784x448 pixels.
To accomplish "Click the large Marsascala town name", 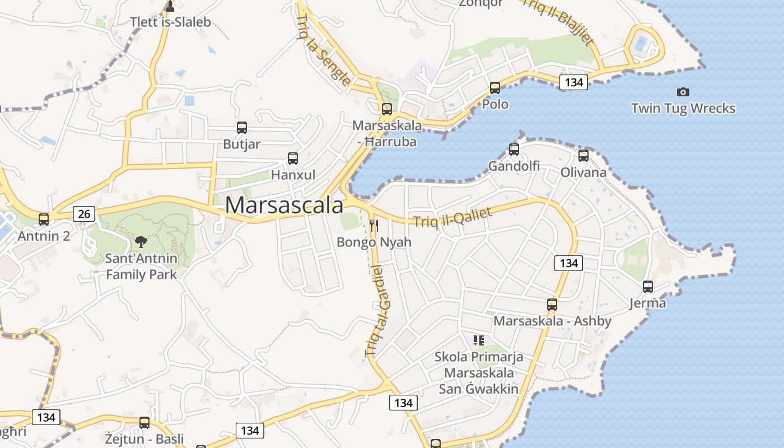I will tap(284, 205).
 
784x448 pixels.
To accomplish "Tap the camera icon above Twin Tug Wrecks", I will tap(683, 92).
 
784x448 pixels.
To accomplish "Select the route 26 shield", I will tap(84, 213).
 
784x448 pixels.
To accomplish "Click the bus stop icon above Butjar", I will tap(242, 128).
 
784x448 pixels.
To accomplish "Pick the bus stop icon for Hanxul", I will tap(293, 158).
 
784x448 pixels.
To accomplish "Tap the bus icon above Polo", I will tap(495, 88).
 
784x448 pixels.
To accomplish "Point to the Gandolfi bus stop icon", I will tap(514, 150).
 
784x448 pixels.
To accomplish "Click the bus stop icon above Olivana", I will tap(584, 156).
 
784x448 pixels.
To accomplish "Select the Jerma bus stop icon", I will tap(648, 287).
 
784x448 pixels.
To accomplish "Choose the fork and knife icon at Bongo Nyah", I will tap(374, 226).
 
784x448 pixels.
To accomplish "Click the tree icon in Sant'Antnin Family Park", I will tap(141, 242).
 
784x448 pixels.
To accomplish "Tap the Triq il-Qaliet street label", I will tap(452, 217).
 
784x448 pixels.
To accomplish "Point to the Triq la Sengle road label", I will tap(324, 50).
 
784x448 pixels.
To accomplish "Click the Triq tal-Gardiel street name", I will tap(377, 311).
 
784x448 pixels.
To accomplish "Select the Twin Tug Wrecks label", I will tap(683, 108).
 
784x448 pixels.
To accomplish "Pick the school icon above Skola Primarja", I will tap(478, 340).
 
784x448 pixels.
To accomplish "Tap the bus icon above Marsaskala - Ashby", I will tap(552, 305).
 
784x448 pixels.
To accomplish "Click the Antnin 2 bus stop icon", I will tap(44, 220).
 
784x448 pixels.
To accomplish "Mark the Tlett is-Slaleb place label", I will tap(170, 22).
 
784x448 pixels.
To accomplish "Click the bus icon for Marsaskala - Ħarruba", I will tap(387, 109).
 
